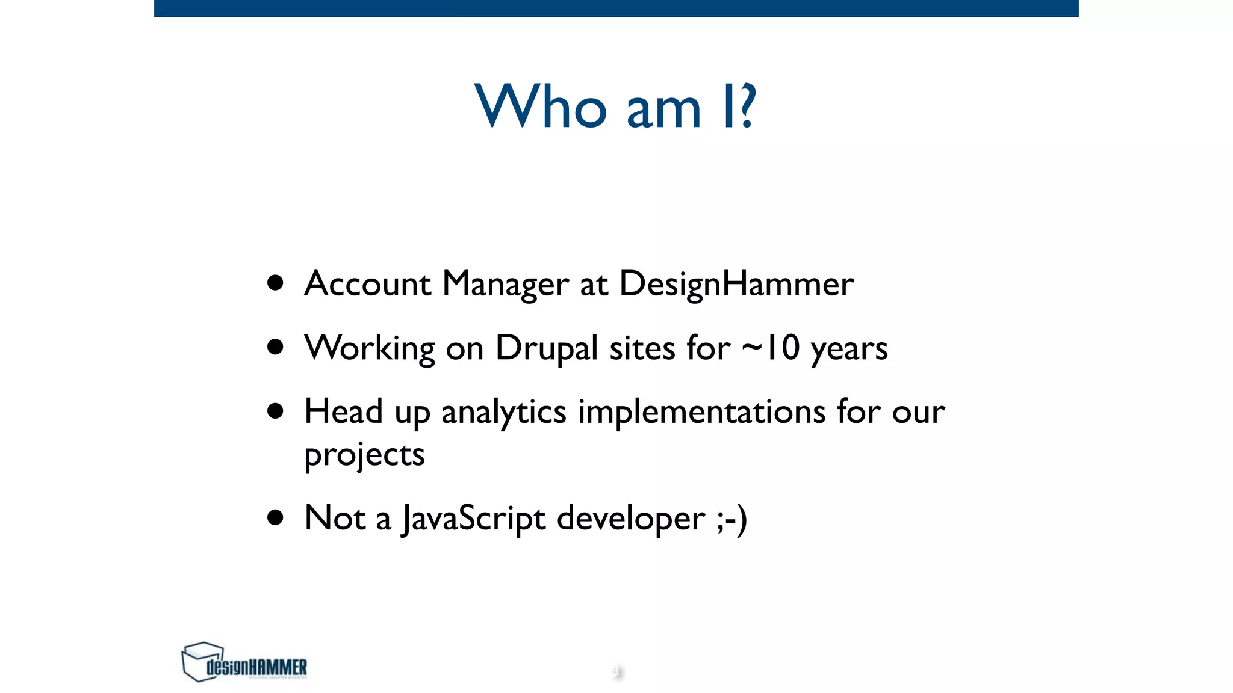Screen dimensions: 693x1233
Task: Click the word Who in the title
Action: pyautogui.click(x=541, y=106)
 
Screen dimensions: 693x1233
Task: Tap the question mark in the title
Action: pyautogui.click(x=747, y=106)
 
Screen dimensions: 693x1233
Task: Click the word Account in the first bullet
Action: pyautogui.click(x=367, y=283)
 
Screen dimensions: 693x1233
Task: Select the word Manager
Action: pyautogui.click(x=505, y=283)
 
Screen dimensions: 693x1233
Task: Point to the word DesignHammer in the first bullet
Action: pyautogui.click(x=736, y=283)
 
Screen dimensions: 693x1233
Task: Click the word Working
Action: pyautogui.click(x=370, y=348)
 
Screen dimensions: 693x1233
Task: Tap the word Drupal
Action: pyautogui.click(x=546, y=348)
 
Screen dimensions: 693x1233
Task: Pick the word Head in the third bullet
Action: pyautogui.click(x=343, y=411)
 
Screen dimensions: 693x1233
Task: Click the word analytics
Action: pyautogui.click(x=503, y=413)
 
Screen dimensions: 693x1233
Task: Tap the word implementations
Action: pyautogui.click(x=701, y=413)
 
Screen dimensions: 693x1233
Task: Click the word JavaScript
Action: pyautogui.click(x=474, y=519)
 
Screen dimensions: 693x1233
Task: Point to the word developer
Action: pyautogui.click(x=630, y=519)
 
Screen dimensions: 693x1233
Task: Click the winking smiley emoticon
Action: pyautogui.click(x=732, y=519)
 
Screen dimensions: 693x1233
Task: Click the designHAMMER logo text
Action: pyautogui.click(x=256, y=667)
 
